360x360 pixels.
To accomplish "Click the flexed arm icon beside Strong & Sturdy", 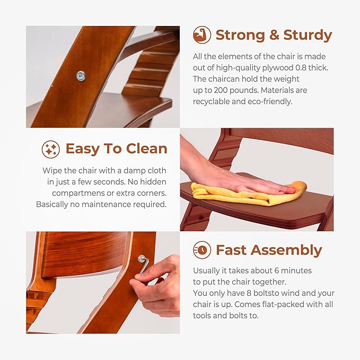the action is pyautogui.click(x=202, y=35).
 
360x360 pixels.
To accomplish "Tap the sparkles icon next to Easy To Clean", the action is pyautogui.click(x=51, y=149).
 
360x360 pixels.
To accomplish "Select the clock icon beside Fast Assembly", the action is pyautogui.click(x=202, y=250).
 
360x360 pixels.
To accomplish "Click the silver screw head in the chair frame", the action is pyautogui.click(x=81, y=76).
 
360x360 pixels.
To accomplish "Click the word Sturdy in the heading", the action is pyautogui.click(x=308, y=36).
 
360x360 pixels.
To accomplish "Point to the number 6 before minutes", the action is pyautogui.click(x=277, y=271).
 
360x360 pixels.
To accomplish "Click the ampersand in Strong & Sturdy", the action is pyautogui.click(x=275, y=36).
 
